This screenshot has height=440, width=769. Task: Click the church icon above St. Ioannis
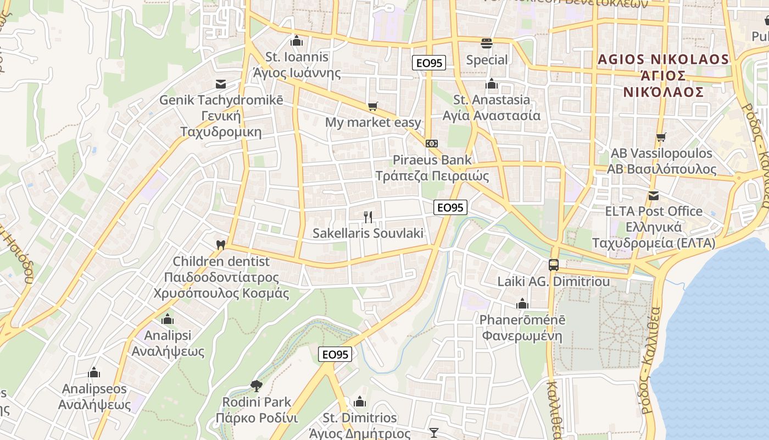pyautogui.click(x=297, y=41)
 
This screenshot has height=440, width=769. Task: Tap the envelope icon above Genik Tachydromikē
pyautogui.click(x=221, y=84)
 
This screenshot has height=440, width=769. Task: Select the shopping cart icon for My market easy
pyautogui.click(x=373, y=106)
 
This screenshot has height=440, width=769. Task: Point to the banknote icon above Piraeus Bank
pyautogui.click(x=432, y=143)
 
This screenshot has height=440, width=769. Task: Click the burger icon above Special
pyautogui.click(x=487, y=43)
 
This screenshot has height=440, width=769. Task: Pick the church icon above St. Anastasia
pyautogui.click(x=491, y=84)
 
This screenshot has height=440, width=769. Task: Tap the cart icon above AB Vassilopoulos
pyautogui.click(x=661, y=137)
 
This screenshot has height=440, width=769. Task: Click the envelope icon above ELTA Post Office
pyautogui.click(x=654, y=195)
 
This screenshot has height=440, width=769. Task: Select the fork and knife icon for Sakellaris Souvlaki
pyautogui.click(x=368, y=217)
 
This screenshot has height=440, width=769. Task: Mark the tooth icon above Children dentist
pyautogui.click(x=221, y=245)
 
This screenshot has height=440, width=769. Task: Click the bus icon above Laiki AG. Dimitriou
pyautogui.click(x=554, y=265)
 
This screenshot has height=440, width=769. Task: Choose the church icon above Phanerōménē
pyautogui.click(x=522, y=304)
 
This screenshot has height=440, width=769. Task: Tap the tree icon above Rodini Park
pyautogui.click(x=256, y=386)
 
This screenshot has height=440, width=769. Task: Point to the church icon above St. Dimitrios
pyautogui.click(x=360, y=402)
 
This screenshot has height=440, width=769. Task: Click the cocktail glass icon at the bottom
pyautogui.click(x=434, y=433)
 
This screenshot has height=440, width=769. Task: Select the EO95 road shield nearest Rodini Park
pyautogui.click(x=335, y=355)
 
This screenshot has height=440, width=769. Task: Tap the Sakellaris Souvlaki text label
pyautogui.click(x=368, y=233)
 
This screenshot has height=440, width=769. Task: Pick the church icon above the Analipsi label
pyautogui.click(x=168, y=319)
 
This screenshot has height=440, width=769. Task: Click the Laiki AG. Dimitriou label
pyautogui.click(x=554, y=282)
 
